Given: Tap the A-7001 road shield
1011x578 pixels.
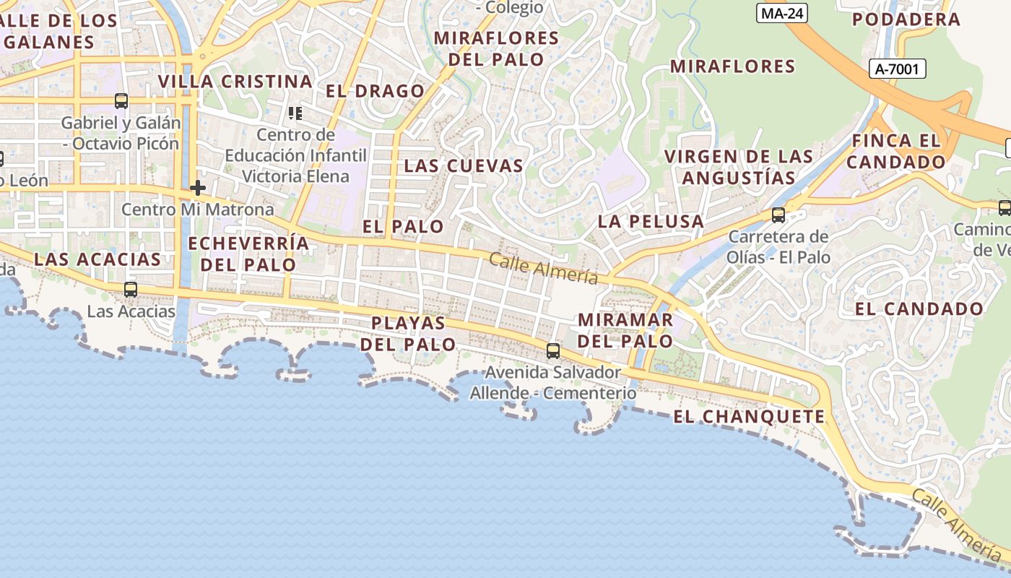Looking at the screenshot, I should pos(896,69).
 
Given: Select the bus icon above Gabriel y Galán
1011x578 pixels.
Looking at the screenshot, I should pos(121,101).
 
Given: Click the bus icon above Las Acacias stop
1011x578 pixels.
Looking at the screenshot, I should pos(131,290).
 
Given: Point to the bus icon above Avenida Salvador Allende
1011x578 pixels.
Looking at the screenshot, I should pos(553,351).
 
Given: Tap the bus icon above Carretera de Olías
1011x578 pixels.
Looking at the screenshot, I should pos(778,215).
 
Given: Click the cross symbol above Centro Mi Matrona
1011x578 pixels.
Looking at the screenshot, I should pos(198,189).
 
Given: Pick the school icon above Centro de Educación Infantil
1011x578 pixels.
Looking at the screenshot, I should pos(295,113).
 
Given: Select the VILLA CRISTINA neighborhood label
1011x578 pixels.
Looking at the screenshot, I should pos(235,81).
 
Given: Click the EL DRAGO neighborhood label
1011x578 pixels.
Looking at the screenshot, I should pos(375,91).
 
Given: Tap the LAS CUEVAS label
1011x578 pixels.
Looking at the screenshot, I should pos(463,165).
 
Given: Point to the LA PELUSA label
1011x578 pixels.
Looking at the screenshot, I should pos(650,222).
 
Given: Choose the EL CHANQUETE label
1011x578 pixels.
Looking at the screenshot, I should pos(748,416).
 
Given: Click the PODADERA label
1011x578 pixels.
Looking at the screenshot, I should pos(906,20).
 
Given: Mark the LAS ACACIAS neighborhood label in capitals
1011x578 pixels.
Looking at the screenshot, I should pos(97,259).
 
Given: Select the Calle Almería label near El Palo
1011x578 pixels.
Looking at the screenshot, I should pos(544,269).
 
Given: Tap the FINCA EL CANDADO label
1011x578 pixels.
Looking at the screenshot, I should pos(895,151).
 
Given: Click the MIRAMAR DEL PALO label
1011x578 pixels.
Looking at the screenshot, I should pos(625,329).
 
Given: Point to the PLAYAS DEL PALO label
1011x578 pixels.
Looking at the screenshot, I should pos(408,333).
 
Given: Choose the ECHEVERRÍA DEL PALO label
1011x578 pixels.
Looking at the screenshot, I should pos(248,254).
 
